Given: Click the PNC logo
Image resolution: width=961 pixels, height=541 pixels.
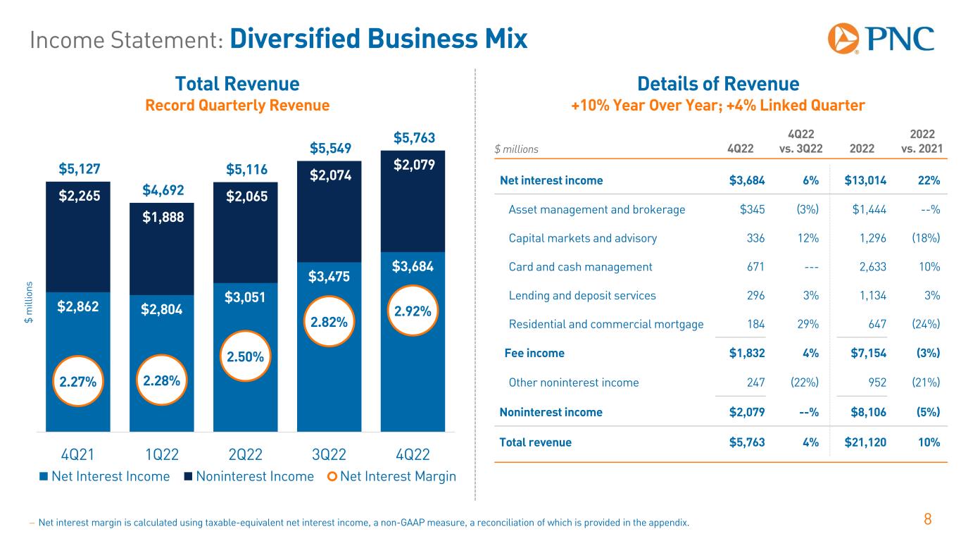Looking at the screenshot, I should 881,38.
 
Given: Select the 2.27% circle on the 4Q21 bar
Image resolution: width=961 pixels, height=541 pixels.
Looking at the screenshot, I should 77,382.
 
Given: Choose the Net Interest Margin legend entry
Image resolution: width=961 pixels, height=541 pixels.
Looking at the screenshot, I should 392,477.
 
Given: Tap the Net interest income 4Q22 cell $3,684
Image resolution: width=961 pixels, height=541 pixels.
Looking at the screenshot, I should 748,180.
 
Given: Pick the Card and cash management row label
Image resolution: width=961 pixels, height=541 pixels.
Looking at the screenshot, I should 580,267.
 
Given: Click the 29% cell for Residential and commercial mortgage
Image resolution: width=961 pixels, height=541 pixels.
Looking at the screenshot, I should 809,325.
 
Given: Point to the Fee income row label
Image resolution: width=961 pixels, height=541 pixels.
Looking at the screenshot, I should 534,354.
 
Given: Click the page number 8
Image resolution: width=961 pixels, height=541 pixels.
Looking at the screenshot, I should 928,521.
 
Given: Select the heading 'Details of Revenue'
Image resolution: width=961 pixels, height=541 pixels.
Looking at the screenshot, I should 717,85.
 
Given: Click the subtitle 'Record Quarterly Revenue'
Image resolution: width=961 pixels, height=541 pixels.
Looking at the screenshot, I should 237,106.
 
